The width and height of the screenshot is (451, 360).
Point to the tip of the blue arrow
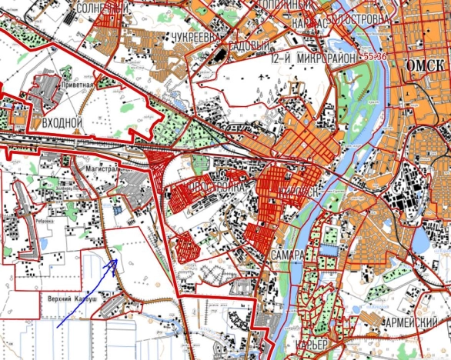coord(115,259)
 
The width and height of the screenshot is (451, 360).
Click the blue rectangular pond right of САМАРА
coord(329,251)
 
